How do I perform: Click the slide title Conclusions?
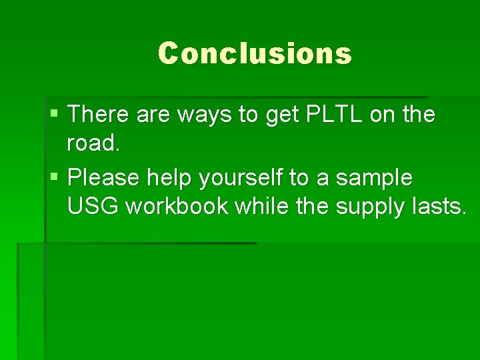click(x=255, y=53)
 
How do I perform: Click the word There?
click(x=98, y=115)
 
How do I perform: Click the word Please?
click(x=103, y=178)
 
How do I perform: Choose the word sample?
click(x=374, y=178)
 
